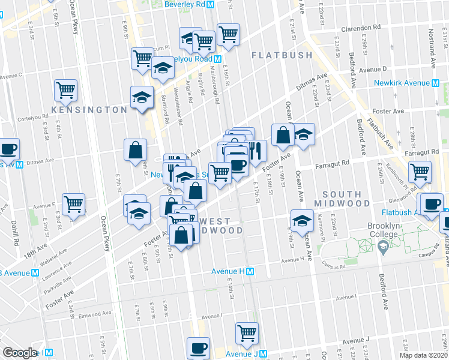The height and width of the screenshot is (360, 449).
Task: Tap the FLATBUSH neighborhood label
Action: pyautogui.click(x=282, y=55)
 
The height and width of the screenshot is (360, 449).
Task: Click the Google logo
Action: pyautogui.click(x=19, y=352)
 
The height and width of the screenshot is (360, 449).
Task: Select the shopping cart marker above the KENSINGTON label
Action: pyautogui.click(x=65, y=90)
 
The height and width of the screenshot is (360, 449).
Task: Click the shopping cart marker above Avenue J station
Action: pyautogui.click(x=247, y=333)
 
